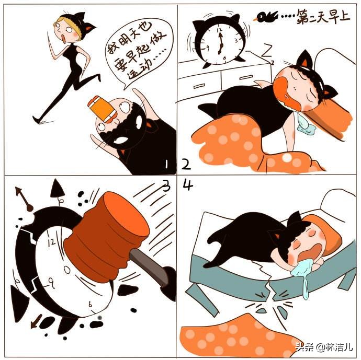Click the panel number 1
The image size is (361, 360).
tap(166, 165)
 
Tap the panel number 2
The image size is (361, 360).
tap(186, 165)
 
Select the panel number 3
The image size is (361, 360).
tap(166, 185)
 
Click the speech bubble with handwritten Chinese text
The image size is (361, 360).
tap(138, 55)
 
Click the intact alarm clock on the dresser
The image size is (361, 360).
tap(219, 40)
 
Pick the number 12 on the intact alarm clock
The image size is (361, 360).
tap(220, 30)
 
